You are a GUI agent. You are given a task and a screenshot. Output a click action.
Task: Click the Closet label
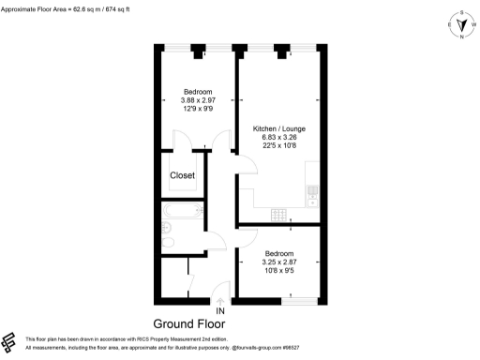[x=182, y=175]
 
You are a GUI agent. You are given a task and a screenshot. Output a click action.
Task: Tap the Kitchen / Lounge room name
[x=279, y=128]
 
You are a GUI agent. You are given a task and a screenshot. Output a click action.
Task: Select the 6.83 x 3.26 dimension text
[x=279, y=138]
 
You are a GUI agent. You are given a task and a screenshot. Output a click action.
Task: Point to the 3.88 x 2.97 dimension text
[x=198, y=100]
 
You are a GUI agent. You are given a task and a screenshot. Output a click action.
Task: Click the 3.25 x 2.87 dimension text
[x=279, y=262]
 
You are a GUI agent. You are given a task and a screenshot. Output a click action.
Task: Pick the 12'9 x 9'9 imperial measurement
[x=198, y=110]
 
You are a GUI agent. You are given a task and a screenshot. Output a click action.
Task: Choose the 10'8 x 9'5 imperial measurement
[x=279, y=272]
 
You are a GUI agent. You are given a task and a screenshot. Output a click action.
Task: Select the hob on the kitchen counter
[x=279, y=215]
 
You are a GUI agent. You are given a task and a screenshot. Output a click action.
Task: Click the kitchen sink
[x=312, y=192]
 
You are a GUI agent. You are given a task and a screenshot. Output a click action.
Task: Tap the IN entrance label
[x=220, y=310]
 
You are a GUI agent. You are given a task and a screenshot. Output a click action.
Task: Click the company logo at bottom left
[x=11, y=341]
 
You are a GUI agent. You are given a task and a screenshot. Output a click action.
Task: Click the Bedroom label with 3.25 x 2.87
[x=279, y=253]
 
